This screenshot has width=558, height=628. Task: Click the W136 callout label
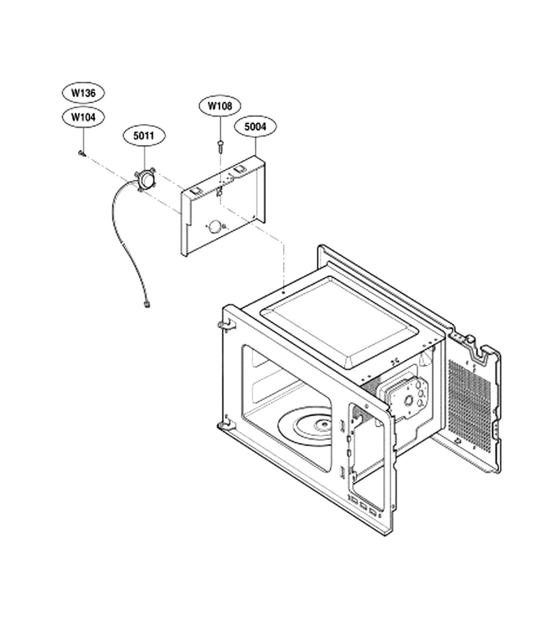pos(83,93)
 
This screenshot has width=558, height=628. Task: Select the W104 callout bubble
pos(83,117)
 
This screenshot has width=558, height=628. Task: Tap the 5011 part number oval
pos(143,136)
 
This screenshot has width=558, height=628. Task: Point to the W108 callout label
pos(220,106)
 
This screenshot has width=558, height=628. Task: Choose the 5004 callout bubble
pos(255,126)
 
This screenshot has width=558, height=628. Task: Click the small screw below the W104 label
pos(82,153)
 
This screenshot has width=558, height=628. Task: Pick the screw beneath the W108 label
pos(220,146)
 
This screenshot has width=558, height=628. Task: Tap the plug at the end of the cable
pos(146,305)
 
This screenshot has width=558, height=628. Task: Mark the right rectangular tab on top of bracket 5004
pos(240,169)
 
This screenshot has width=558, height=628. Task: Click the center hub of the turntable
pos(322,424)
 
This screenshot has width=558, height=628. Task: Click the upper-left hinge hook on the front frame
pos(227,324)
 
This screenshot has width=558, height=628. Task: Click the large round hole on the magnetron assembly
pos(409,399)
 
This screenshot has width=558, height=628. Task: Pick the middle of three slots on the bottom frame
pos(363,507)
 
